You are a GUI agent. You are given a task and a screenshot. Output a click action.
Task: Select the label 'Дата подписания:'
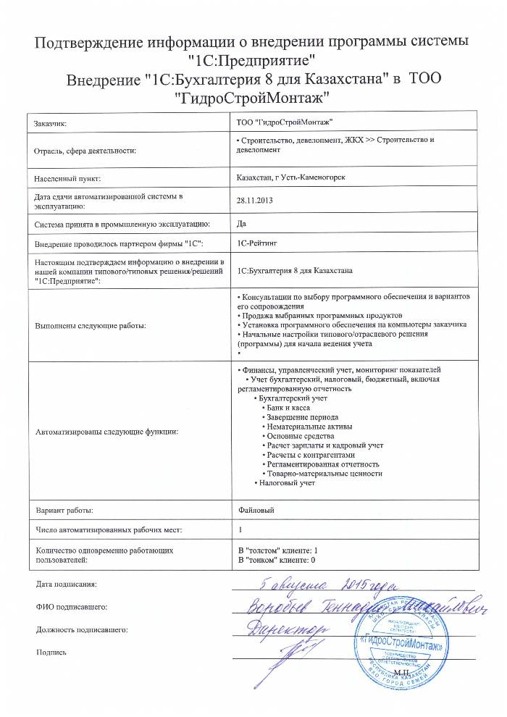pyautogui.click(x=64, y=584)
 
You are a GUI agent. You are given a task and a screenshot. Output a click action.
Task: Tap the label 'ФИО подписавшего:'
pyautogui.click(x=68, y=606)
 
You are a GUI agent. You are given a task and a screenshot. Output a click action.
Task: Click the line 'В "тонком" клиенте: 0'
pyautogui.click(x=276, y=560)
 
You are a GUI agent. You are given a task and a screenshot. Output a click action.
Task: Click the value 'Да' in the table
pyautogui.click(x=242, y=223)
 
